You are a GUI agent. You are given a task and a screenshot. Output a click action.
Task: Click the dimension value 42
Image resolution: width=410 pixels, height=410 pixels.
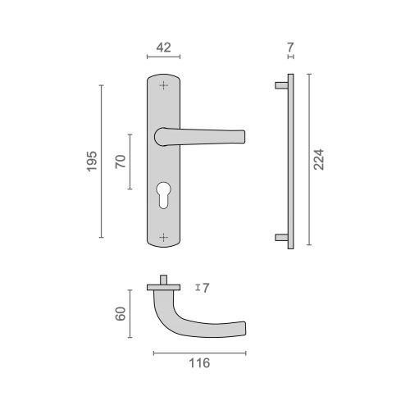tap(163, 48)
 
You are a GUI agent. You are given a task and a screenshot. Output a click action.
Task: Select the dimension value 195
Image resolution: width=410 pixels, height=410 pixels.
tap(92, 162)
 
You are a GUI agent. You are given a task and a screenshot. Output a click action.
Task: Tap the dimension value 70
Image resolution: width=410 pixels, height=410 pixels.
tap(121, 162)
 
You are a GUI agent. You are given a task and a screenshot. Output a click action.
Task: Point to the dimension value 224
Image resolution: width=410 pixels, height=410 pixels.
tap(318, 160)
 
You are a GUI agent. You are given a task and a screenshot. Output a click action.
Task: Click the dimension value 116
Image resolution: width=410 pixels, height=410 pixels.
tap(199, 363)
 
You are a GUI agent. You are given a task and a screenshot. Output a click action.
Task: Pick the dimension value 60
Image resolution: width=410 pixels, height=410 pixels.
tap(121, 313)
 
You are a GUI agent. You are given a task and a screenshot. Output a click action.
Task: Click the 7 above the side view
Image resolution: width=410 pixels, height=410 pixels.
tap(290, 48)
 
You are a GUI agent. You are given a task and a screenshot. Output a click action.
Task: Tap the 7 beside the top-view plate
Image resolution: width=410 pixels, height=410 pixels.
tap(206, 288)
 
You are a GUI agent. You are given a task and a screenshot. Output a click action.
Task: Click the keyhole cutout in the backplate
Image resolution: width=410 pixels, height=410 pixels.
tap(163, 195)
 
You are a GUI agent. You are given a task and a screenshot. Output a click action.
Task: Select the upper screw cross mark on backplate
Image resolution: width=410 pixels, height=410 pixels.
tap(164, 85)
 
